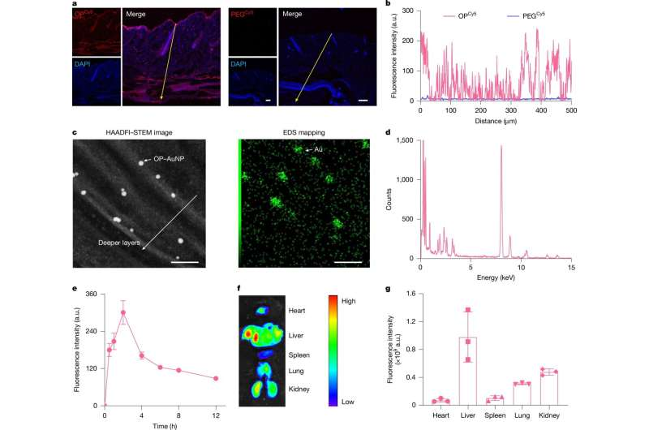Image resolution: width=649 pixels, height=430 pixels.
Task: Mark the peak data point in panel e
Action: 123,313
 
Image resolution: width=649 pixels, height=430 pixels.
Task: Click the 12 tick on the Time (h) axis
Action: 215,415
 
